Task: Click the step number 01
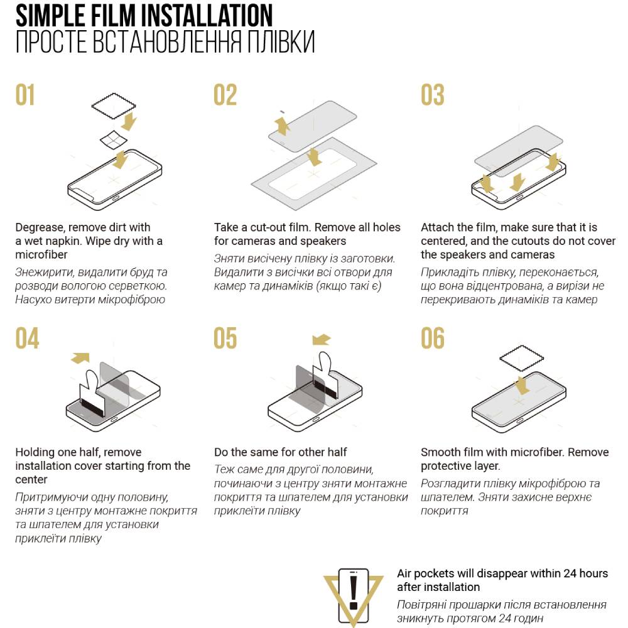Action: coord(25,95)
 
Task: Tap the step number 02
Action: coord(225,95)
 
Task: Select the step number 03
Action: coord(433,95)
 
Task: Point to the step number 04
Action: coord(27,338)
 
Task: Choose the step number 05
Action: coord(225,338)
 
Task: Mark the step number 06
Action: coord(433,338)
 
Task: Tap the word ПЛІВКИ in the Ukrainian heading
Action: coord(281,41)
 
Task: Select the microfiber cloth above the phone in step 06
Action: coord(521,358)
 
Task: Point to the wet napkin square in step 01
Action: coord(114,140)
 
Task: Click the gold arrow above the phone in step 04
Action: coord(81,358)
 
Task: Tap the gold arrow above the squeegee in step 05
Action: coord(321,340)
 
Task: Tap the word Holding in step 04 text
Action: coord(35,452)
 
